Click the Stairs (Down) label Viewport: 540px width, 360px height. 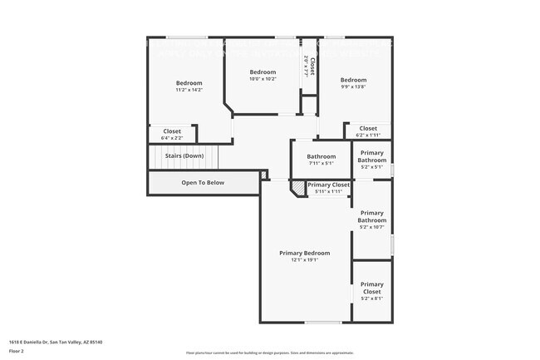(x=184, y=155)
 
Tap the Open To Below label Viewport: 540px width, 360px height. (x=203, y=182)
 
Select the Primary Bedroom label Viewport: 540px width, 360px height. (x=304, y=253)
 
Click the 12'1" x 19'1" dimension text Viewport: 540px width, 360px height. (x=304, y=260)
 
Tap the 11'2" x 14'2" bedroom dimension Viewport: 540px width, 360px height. (x=189, y=90)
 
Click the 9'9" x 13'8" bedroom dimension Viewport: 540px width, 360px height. (x=353, y=86)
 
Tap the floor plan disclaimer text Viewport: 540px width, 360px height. (x=269, y=353)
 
